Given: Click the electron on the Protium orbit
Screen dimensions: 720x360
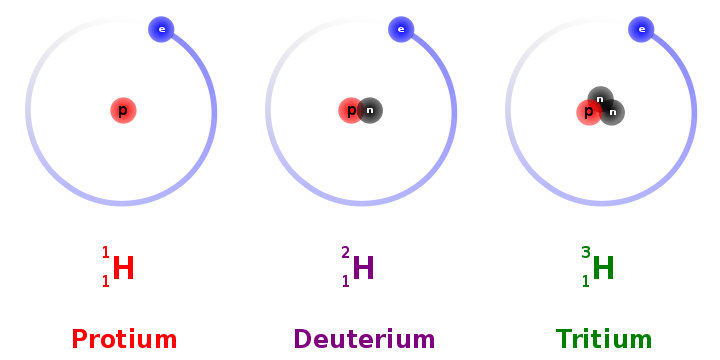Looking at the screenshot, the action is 161,29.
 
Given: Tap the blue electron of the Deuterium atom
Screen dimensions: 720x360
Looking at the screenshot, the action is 401,29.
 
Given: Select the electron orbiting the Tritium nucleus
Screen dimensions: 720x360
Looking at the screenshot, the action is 641,29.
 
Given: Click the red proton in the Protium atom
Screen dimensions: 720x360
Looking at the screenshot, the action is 123,111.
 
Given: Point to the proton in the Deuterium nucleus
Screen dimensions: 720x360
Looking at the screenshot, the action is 350,111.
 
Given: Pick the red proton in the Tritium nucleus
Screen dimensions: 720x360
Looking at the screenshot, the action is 589,112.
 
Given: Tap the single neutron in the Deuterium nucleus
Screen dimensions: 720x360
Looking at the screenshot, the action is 370,111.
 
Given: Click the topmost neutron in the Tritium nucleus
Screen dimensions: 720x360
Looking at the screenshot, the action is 600,99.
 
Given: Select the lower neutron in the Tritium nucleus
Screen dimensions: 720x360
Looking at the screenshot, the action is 612,112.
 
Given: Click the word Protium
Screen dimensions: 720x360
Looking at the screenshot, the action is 124,339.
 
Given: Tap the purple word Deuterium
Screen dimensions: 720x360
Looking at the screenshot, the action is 364,339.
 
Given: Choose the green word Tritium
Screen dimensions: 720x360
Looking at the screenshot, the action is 604,339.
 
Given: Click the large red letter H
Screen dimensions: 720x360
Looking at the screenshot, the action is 123,268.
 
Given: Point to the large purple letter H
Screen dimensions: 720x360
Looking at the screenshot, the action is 363,268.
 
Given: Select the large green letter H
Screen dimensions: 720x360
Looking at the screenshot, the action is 603,268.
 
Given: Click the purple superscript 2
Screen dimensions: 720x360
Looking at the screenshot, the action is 345,253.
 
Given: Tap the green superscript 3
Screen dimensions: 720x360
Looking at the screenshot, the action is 585,253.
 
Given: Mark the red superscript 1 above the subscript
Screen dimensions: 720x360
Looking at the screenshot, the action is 106,253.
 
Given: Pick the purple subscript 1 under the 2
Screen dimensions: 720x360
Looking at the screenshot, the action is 346,281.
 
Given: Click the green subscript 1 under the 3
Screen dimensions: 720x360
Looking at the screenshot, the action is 585,281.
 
